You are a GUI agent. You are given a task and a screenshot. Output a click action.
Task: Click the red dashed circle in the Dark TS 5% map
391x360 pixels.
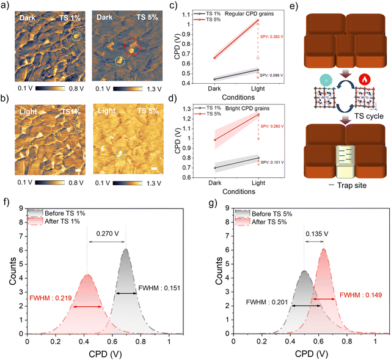pos(132,45)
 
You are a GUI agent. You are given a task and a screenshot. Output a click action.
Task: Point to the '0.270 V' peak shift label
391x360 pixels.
pos(106,232)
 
